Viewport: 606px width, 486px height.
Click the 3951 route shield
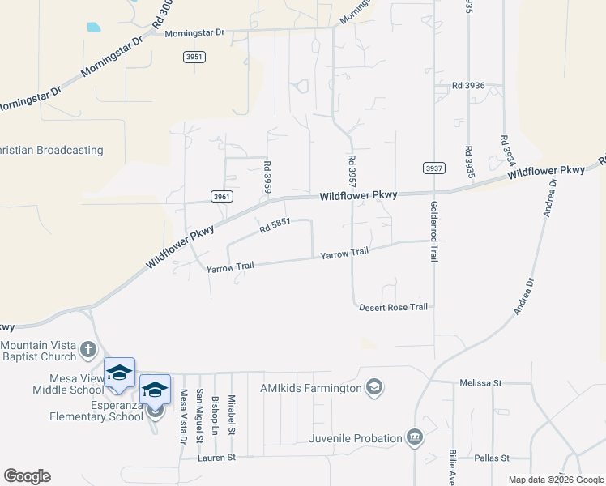coord(194,57)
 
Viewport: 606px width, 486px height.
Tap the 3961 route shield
coord(221,196)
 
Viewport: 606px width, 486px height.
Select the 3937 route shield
coord(434,168)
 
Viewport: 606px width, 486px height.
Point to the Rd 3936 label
coord(468,85)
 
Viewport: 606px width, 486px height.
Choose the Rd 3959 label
coord(267,177)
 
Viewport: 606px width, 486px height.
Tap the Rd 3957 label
coord(352,173)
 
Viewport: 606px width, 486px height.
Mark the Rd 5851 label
coord(275,230)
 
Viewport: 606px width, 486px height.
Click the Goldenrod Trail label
coord(434,231)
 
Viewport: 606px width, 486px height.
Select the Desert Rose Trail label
coord(393,307)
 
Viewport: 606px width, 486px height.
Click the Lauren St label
coord(216,458)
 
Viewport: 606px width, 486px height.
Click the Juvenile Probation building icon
coord(415,438)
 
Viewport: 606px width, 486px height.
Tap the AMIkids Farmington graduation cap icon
coord(373,388)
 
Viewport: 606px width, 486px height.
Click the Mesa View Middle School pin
coord(119,373)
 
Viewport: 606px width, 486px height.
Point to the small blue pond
coord(93,27)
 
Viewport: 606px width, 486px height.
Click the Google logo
coord(27,476)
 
